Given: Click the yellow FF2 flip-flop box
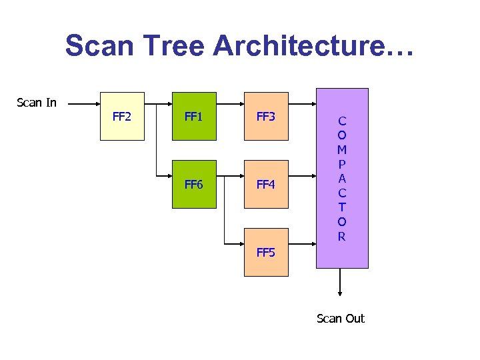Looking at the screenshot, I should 122,116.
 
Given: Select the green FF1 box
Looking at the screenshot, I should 194,116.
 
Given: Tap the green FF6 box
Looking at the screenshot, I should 194,184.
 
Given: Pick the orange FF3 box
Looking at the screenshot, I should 266,116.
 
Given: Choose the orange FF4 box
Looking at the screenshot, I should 266,184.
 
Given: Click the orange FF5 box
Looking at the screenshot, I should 266,252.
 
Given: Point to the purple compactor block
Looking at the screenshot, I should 341,178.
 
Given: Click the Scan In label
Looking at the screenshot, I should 37,103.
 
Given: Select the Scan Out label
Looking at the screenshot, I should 341,318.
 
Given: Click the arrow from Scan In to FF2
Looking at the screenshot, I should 83,104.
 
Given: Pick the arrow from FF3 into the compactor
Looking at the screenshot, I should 303,104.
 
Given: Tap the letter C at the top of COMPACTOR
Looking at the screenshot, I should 341,121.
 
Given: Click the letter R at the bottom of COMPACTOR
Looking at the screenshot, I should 341,236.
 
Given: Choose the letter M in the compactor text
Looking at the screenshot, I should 341,150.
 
